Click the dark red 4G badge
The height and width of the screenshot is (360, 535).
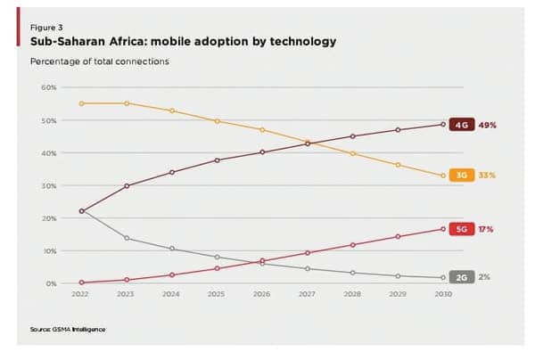(461, 125)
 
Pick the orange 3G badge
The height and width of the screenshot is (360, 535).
(461, 176)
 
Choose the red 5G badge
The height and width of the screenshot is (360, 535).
(461, 229)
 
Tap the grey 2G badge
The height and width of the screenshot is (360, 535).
(461, 277)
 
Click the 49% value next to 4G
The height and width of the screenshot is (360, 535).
(487, 125)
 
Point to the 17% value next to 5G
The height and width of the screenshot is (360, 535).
(486, 229)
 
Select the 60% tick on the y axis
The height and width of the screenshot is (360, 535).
(49, 87)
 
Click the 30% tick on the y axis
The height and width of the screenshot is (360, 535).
(49, 185)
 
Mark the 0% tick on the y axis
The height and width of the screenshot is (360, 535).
(51, 283)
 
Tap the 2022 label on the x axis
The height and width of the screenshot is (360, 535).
(81, 293)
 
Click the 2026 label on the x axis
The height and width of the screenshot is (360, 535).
(262, 293)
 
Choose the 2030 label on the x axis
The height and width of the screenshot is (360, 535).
(443, 293)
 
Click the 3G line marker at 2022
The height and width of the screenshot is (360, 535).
(81, 103)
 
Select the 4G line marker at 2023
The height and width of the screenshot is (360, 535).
(127, 185)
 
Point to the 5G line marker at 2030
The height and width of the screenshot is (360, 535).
(443, 229)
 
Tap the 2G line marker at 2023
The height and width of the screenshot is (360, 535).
(127, 238)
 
